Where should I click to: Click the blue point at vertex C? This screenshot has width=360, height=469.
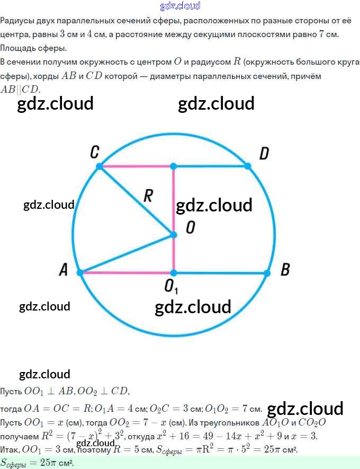coord(99,166)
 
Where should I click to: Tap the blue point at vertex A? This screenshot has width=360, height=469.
coord(80,272)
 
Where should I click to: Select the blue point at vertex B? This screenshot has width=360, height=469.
coord(267,273)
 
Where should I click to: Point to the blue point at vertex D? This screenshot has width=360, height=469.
coord(248,166)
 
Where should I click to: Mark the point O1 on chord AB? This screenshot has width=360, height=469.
coord(173,273)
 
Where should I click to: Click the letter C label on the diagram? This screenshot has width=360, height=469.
coord(95,153)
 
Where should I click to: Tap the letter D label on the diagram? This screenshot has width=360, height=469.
coord(264,154)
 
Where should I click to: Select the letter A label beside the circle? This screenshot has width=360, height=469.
coord(64,270)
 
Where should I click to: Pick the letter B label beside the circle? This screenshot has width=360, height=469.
coord(285,270)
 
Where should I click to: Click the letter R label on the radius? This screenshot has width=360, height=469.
coord(149,197)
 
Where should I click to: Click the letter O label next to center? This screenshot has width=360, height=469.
coord(191,228)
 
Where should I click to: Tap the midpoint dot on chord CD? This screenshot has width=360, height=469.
coord(173,166)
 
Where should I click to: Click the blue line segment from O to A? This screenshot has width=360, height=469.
coord(127,253)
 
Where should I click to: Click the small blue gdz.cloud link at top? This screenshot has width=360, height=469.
coord(180,6)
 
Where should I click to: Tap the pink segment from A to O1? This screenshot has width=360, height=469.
coord(127,273)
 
